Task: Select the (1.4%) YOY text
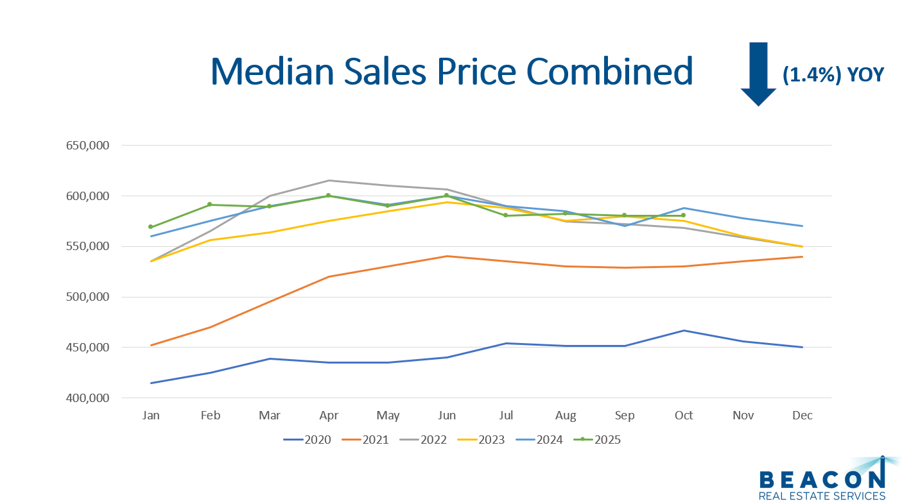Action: click(833, 74)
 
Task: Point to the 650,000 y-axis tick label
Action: click(88, 146)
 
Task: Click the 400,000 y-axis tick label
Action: click(88, 398)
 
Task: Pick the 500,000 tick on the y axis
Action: click(88, 297)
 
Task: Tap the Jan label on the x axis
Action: click(151, 416)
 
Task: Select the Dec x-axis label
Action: click(802, 416)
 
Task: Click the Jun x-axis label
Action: click(447, 416)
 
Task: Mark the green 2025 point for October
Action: click(683, 215)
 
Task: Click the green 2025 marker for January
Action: click(151, 227)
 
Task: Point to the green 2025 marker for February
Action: click(210, 205)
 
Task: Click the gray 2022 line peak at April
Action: click(329, 180)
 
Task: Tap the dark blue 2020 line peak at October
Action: click(684, 330)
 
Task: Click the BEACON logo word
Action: click(822, 479)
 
